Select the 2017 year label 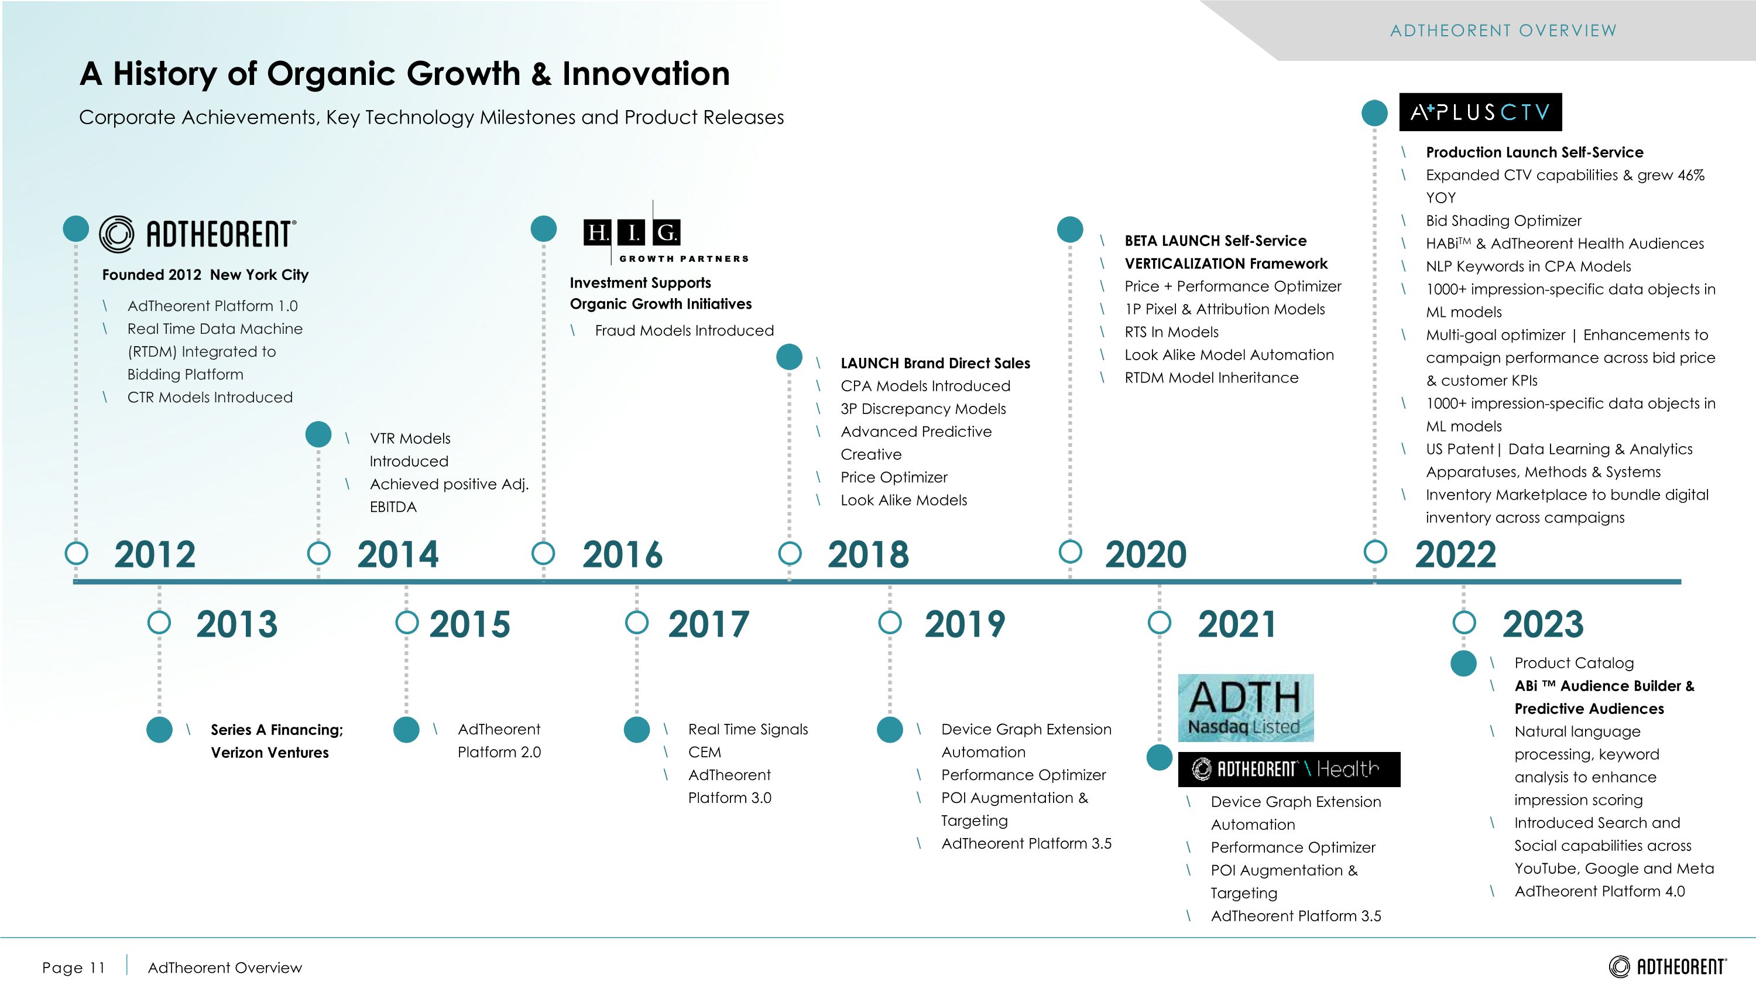click(708, 624)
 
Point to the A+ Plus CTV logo click(1480, 112)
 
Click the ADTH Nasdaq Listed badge click(1246, 707)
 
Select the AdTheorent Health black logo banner click(1289, 769)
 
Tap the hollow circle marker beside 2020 click(1070, 552)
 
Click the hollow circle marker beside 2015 click(407, 622)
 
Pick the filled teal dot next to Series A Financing click(160, 730)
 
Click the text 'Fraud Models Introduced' click(684, 331)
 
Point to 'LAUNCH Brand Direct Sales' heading click(935, 364)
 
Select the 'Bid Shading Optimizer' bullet click(1503, 221)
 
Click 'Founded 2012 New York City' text click(205, 275)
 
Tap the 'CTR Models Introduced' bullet click(210, 398)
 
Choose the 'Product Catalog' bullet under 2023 click(1574, 663)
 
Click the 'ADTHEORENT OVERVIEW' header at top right click(1503, 30)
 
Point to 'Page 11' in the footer click(74, 968)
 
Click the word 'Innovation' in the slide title click(646, 74)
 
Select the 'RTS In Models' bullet click(1171, 332)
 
